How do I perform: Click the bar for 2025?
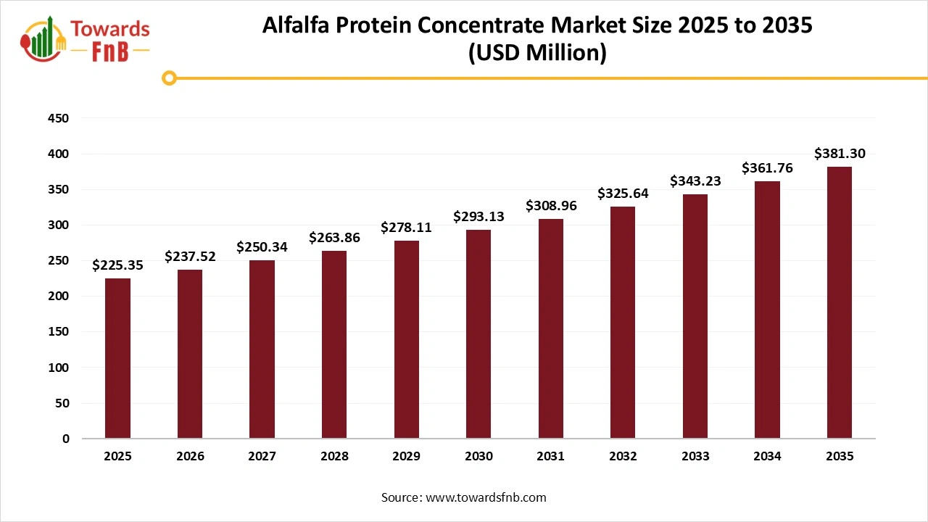pos(117,358)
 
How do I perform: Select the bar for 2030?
pos(478,333)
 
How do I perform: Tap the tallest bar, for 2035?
pos(839,302)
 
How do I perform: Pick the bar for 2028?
pos(334,344)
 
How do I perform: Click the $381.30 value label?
pos(839,154)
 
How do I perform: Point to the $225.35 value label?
pos(117,265)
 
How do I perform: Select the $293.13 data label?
pos(478,216)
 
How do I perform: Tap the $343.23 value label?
pos(695,181)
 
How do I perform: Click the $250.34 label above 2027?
pos(262,247)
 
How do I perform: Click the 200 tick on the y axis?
pos(59,297)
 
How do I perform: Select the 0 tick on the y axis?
pos(66,439)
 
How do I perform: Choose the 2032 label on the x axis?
pos(623,457)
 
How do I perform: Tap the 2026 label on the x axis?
pos(190,457)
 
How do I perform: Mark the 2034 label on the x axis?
pos(767,457)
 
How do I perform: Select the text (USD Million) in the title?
pos(536,53)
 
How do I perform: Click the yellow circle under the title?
pos(170,78)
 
